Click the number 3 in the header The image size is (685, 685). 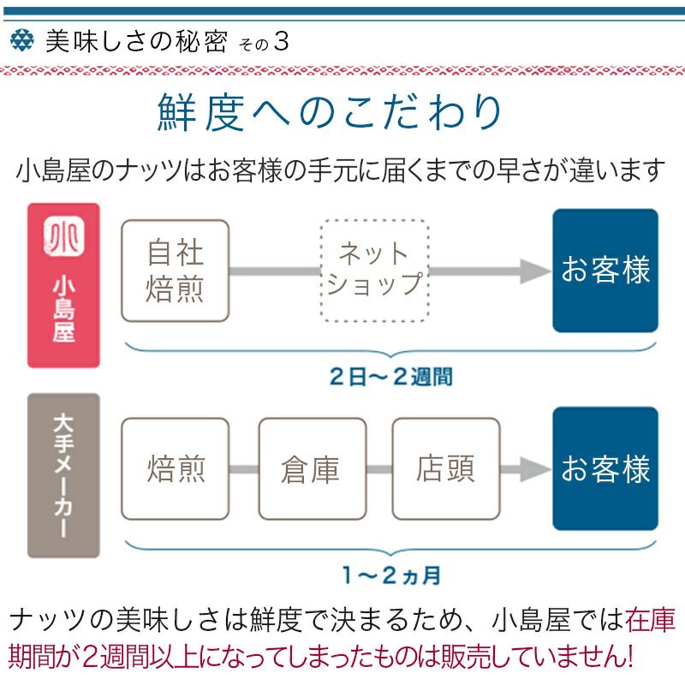point(280,42)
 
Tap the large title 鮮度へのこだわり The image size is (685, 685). point(330,114)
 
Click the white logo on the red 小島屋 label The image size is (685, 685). point(63,237)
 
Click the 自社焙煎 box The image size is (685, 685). point(176,271)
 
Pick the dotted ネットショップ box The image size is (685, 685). point(375,271)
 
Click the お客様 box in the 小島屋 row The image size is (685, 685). point(605,271)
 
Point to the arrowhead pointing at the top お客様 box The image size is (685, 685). point(536,271)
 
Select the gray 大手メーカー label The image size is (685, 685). point(63,475)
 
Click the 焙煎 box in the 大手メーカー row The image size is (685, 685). point(176,469)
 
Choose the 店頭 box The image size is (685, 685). point(445,469)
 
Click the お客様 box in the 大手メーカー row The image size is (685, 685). point(605,469)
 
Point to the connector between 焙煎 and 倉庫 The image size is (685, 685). point(244,469)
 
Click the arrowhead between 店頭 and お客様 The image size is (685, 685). point(536,469)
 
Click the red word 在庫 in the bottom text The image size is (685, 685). point(649,618)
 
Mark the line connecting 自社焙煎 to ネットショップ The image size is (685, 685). point(275,271)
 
